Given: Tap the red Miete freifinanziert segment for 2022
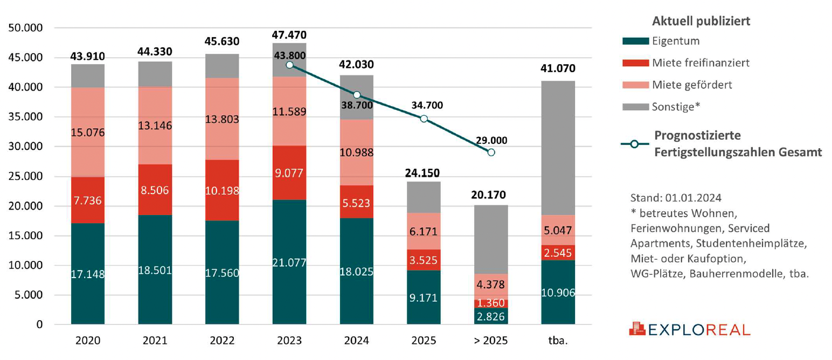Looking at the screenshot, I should pyautogui.click(x=222, y=190).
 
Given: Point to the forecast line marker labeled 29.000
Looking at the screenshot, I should pyautogui.click(x=491, y=153).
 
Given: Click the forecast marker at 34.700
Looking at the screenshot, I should pyautogui.click(x=424, y=119).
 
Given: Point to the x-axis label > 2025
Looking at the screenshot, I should pyautogui.click(x=491, y=341).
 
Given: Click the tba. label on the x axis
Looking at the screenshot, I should pyautogui.click(x=558, y=341).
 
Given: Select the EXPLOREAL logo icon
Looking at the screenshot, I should pyautogui.click(x=636, y=329).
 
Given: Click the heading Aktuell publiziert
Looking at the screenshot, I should pyautogui.click(x=702, y=21).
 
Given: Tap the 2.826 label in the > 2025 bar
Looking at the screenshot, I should pyautogui.click(x=491, y=316).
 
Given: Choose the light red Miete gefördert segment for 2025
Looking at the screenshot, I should pyautogui.click(x=424, y=232).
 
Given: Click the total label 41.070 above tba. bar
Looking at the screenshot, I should pyautogui.click(x=558, y=68).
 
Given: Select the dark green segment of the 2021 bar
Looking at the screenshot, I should pyautogui.click(x=155, y=269).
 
